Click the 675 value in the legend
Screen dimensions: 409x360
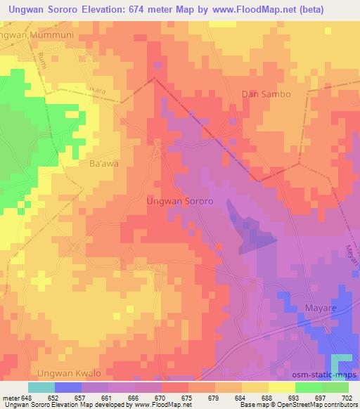[186, 397]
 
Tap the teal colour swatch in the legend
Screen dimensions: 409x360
[41, 387]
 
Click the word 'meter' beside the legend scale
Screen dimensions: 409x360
[13, 397]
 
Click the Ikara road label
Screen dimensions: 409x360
[107, 90]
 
